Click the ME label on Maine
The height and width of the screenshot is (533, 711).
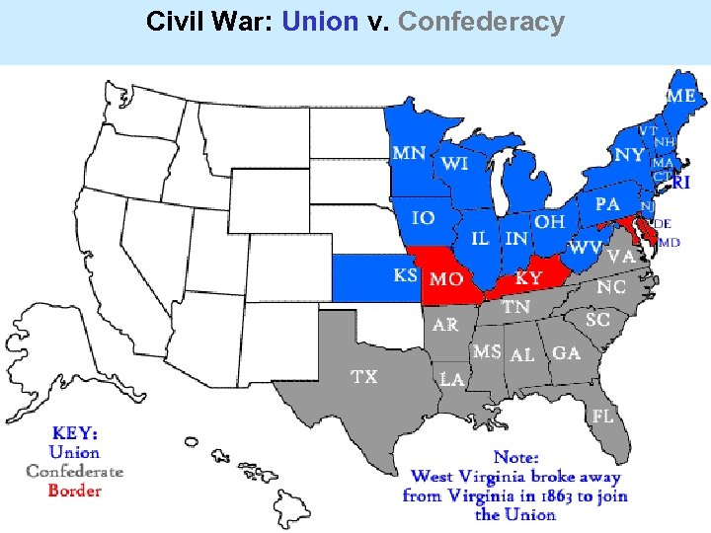[681, 97]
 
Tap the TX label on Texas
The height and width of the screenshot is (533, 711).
[363, 376]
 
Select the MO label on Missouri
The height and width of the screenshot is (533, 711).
[446, 279]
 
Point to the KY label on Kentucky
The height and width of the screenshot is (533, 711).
[528, 279]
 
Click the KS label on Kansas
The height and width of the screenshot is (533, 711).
[405, 274]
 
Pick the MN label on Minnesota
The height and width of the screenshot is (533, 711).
[409, 153]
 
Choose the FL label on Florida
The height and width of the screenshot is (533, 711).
[602, 417]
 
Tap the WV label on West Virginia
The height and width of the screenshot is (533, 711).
[586, 247]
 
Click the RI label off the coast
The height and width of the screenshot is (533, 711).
[681, 182]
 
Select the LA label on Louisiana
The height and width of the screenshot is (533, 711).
[452, 379]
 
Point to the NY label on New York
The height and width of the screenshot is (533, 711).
[628, 155]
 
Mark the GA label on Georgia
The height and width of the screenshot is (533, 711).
[566, 352]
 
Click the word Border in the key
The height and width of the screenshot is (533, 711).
[74, 490]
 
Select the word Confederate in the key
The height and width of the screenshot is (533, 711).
[74, 471]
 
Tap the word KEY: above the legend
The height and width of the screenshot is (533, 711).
[75, 432]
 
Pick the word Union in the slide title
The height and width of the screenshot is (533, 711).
[319, 22]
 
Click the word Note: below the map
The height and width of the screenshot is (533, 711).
[515, 457]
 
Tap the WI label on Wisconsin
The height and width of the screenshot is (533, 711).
[454, 164]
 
